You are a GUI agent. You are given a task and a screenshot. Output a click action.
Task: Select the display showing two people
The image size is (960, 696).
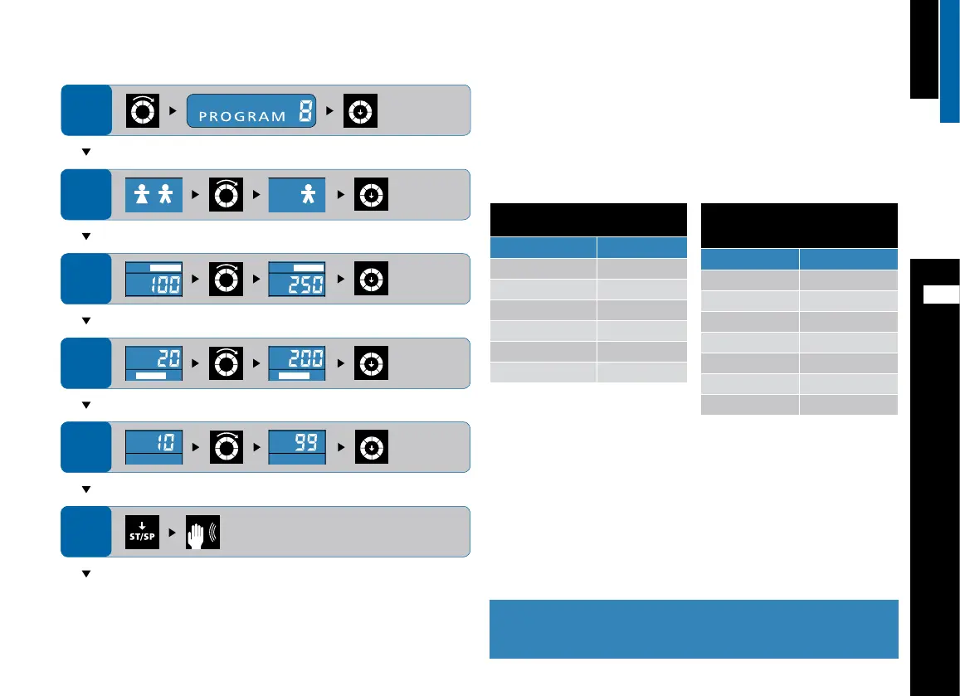[x=154, y=194]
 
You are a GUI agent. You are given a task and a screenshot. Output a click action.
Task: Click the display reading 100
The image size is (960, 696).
[x=154, y=279]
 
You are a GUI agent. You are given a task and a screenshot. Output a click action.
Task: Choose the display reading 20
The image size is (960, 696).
[x=154, y=363]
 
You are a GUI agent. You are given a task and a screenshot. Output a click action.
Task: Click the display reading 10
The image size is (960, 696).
[x=154, y=447]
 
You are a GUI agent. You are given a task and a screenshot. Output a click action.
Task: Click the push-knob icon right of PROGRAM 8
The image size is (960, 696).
[x=361, y=110]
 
